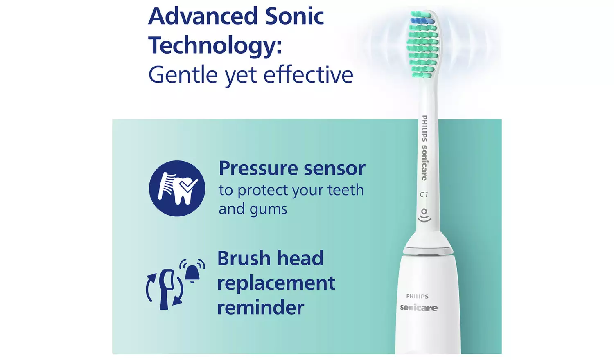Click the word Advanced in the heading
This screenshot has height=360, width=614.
coord(203,16)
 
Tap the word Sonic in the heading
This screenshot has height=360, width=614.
coord(294,16)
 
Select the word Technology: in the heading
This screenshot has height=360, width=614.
coord(215,46)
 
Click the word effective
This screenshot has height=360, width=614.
coord(308,75)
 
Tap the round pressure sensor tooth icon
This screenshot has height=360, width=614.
coord(177,188)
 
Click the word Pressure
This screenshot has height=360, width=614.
coord(258,169)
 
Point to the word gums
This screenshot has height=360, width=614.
coord(269,209)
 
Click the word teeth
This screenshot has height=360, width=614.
coord(345,190)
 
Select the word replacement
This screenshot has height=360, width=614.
coord(276,283)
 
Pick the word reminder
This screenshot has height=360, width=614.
coord(260,308)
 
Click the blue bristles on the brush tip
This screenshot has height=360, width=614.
coord(422,20)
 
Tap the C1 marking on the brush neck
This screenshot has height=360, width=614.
coord(424,195)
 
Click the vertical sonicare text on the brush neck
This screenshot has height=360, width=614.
coord(424,163)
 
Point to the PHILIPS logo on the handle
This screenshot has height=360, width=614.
coord(417,296)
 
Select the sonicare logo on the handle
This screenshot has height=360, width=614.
coord(418,308)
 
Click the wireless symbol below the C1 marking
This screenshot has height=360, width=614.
coord(424,215)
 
